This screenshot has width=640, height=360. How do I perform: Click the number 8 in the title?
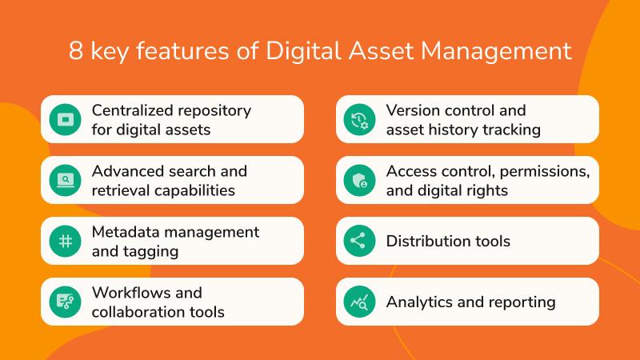click(x=77, y=51)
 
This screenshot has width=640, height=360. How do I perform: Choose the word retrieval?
click(x=122, y=190)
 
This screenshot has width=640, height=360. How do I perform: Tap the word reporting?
click(x=522, y=302)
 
